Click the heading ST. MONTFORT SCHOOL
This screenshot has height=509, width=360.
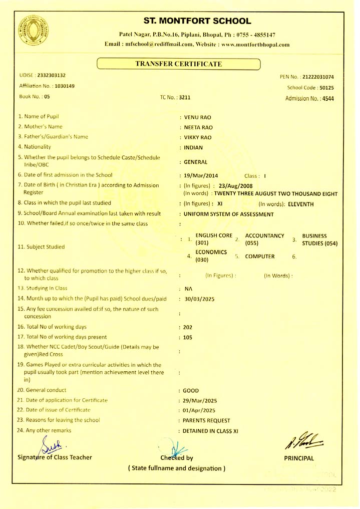[197, 21]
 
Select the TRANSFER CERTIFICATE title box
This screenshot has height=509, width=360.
[179, 64]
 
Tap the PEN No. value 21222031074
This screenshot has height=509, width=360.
[318, 77]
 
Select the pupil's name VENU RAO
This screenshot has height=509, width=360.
[198, 117]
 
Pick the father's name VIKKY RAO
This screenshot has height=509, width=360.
[198, 137]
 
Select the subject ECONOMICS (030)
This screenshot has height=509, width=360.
[211, 256]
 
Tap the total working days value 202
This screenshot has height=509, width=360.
[188, 327]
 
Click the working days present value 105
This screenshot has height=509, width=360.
[188, 338]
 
